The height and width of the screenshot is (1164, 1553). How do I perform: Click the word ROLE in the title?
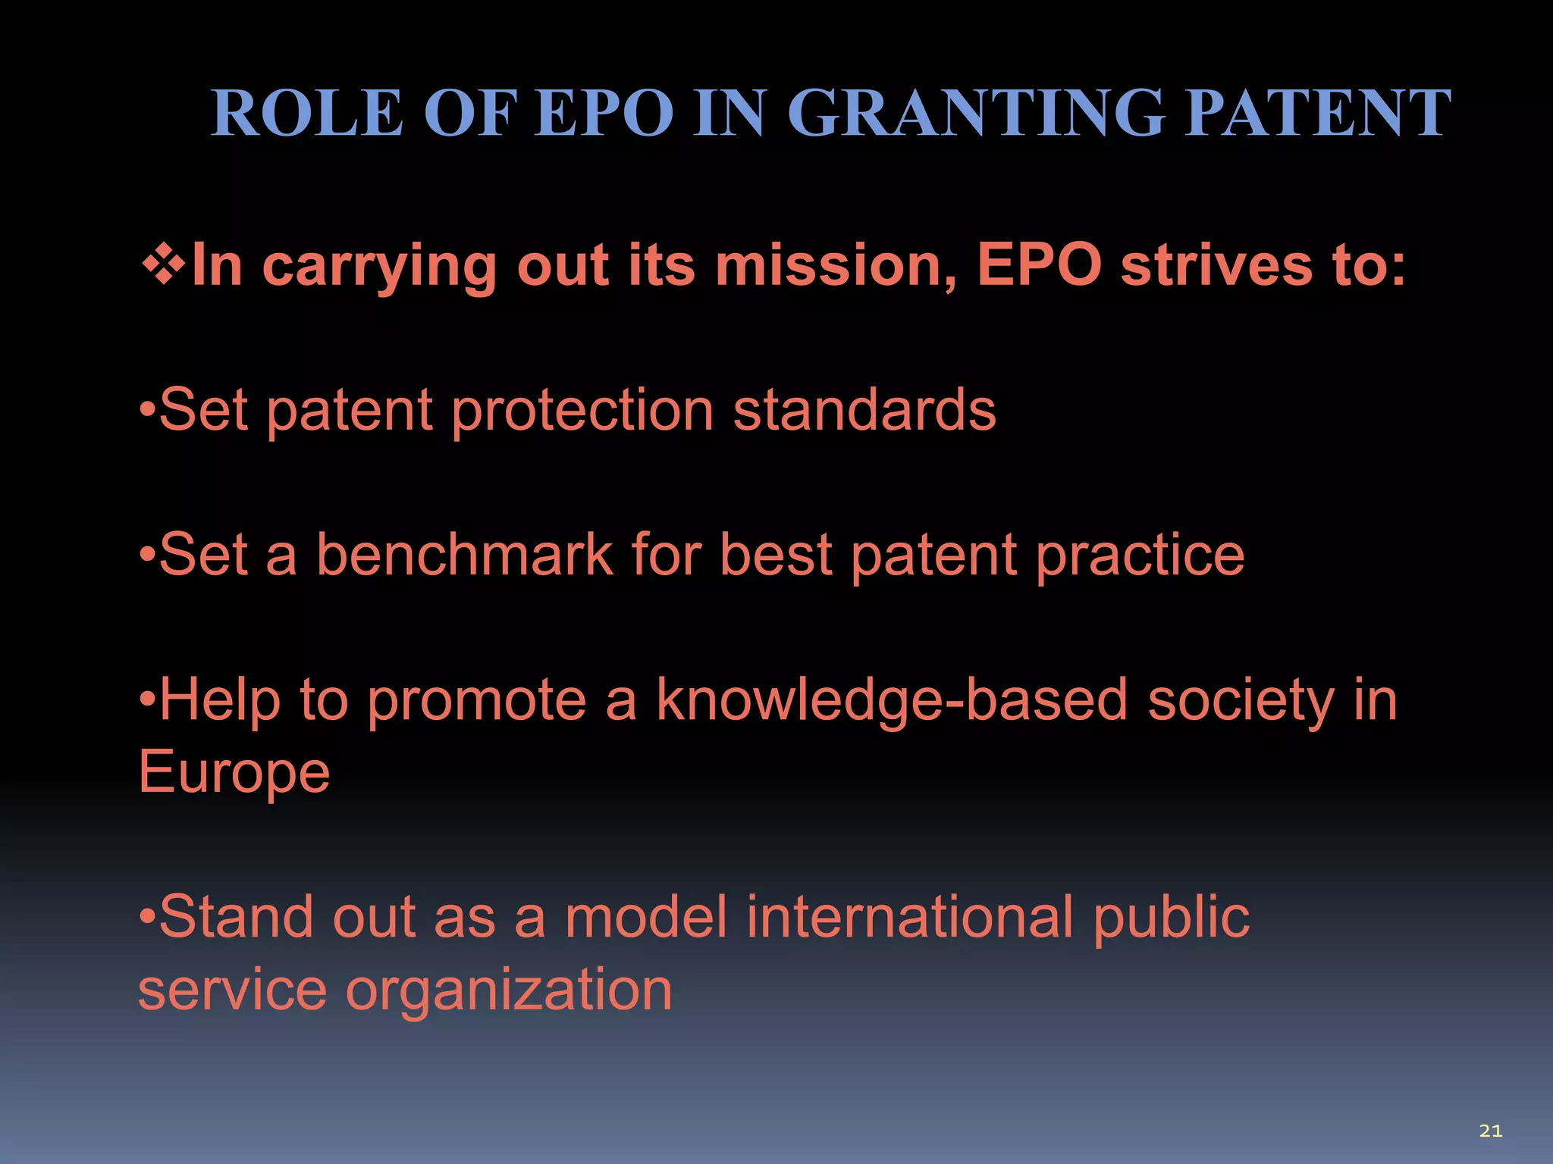point(306,113)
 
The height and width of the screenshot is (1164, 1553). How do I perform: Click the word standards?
point(864,410)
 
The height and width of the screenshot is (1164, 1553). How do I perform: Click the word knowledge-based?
point(892,701)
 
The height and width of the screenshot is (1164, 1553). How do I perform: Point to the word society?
point(1241,701)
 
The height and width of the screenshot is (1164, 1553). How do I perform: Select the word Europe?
point(234,772)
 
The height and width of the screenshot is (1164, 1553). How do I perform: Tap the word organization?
point(509,990)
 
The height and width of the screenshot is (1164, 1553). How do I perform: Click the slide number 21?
point(1490,1131)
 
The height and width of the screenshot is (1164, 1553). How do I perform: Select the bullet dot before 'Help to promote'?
point(147,700)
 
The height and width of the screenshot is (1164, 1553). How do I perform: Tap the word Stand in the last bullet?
point(236,917)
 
